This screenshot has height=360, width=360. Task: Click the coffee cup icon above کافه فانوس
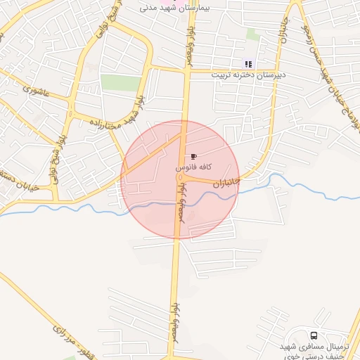pos(193,156)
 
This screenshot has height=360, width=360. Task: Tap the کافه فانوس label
pos(191,169)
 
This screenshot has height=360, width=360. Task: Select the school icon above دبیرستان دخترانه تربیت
pos(247,64)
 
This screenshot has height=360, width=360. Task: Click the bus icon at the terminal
pos(313,335)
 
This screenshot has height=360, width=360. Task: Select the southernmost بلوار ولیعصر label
pos(171,330)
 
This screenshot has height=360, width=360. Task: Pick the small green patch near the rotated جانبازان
pos(253,34)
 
